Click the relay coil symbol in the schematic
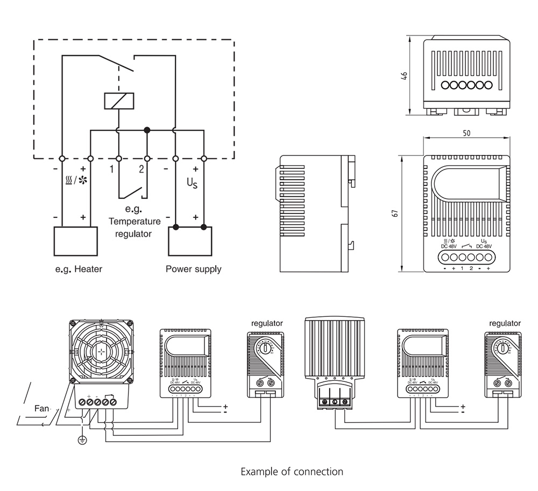point(118,101)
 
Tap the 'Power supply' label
point(193,269)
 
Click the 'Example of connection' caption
point(292,472)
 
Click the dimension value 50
point(466,133)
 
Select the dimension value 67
point(395,212)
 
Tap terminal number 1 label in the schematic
point(111,169)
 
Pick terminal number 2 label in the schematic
point(141,169)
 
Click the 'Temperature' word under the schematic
point(134,221)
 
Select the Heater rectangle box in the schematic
point(76,241)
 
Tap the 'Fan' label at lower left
point(41,409)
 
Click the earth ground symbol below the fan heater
point(82,440)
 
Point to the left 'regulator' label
point(267,323)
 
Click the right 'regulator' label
point(505,323)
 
